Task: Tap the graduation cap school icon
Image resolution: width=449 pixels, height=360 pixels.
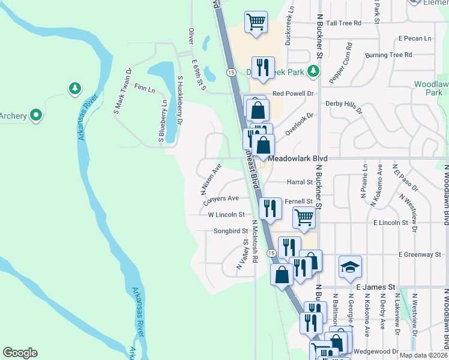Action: pyautogui.click(x=351, y=266)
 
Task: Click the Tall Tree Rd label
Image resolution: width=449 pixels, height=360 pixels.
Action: pyautogui.click(x=340, y=23)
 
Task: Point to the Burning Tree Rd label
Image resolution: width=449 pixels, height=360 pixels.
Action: pyautogui.click(x=388, y=55)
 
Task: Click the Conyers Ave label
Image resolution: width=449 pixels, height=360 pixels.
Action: pyautogui.click(x=224, y=198)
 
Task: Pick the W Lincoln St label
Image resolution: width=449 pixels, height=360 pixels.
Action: pyautogui.click(x=226, y=214)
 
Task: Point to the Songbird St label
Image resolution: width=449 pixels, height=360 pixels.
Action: pyautogui.click(x=231, y=230)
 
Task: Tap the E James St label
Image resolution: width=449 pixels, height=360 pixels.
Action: pyautogui.click(x=377, y=288)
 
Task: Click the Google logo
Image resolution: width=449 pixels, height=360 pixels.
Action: pyautogui.click(x=20, y=353)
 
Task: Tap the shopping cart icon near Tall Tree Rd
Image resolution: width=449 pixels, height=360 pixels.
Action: pyautogui.click(x=256, y=22)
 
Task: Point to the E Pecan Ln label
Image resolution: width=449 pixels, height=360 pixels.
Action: pyautogui.click(x=415, y=38)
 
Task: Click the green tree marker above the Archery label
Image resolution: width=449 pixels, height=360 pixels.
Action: pyautogui.click(x=75, y=89)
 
